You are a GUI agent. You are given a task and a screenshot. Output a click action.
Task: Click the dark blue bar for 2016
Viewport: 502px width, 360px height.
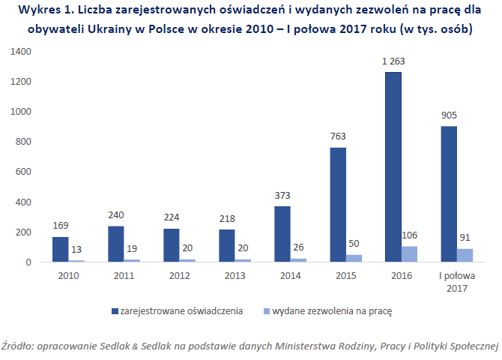[393, 167]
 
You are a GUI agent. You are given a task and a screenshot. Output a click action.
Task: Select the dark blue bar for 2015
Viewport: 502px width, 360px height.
[338, 205]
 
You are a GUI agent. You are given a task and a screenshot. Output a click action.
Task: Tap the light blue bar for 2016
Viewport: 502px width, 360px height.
[410, 254]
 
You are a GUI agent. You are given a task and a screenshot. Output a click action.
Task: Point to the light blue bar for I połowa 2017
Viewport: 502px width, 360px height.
[465, 256]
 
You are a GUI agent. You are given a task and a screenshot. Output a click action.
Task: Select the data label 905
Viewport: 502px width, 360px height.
[449, 116]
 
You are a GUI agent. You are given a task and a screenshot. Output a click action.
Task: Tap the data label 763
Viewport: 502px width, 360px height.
[337, 138]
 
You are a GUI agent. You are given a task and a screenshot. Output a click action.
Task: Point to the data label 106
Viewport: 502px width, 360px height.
[411, 235]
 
